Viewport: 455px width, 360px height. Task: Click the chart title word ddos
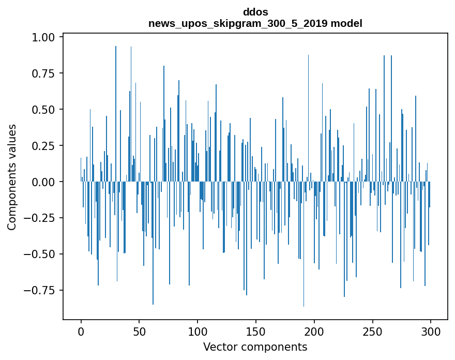pyautogui.click(x=255, y=11)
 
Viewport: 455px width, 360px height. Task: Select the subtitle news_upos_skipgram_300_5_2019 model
pyautogui.click(x=255, y=23)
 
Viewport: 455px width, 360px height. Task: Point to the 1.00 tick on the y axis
pyautogui.click(x=47, y=37)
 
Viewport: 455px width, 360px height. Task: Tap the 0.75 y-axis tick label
pyautogui.click(x=47, y=73)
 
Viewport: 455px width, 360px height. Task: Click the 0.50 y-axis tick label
pyautogui.click(x=47, y=110)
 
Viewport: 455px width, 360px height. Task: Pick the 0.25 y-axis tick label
pyautogui.click(x=47, y=146)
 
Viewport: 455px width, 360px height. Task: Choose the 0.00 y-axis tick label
pyautogui.click(x=47, y=182)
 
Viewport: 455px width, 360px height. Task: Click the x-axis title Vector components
pyautogui.click(x=255, y=347)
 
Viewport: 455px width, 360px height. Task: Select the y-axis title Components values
pyautogui.click(x=12, y=177)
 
